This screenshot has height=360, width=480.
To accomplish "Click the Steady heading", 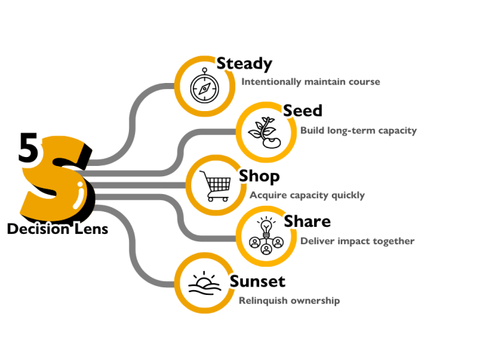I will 245,64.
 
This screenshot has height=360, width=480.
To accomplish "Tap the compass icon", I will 204,87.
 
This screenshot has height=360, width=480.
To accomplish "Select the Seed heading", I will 303,110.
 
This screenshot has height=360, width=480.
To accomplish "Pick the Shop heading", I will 259,176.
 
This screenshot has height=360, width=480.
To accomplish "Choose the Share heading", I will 308,221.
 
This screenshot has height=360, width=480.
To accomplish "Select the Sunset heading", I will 258,281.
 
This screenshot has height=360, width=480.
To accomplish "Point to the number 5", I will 27,150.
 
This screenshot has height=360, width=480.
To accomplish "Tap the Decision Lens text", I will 58,229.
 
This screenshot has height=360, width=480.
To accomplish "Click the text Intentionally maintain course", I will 311,82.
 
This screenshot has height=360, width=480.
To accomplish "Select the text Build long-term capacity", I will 358,130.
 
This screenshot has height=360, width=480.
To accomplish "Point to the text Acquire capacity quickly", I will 307,195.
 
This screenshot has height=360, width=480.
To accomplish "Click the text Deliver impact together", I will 357,241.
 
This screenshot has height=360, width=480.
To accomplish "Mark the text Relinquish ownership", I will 289,300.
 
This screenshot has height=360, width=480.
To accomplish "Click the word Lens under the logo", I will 91,229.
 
